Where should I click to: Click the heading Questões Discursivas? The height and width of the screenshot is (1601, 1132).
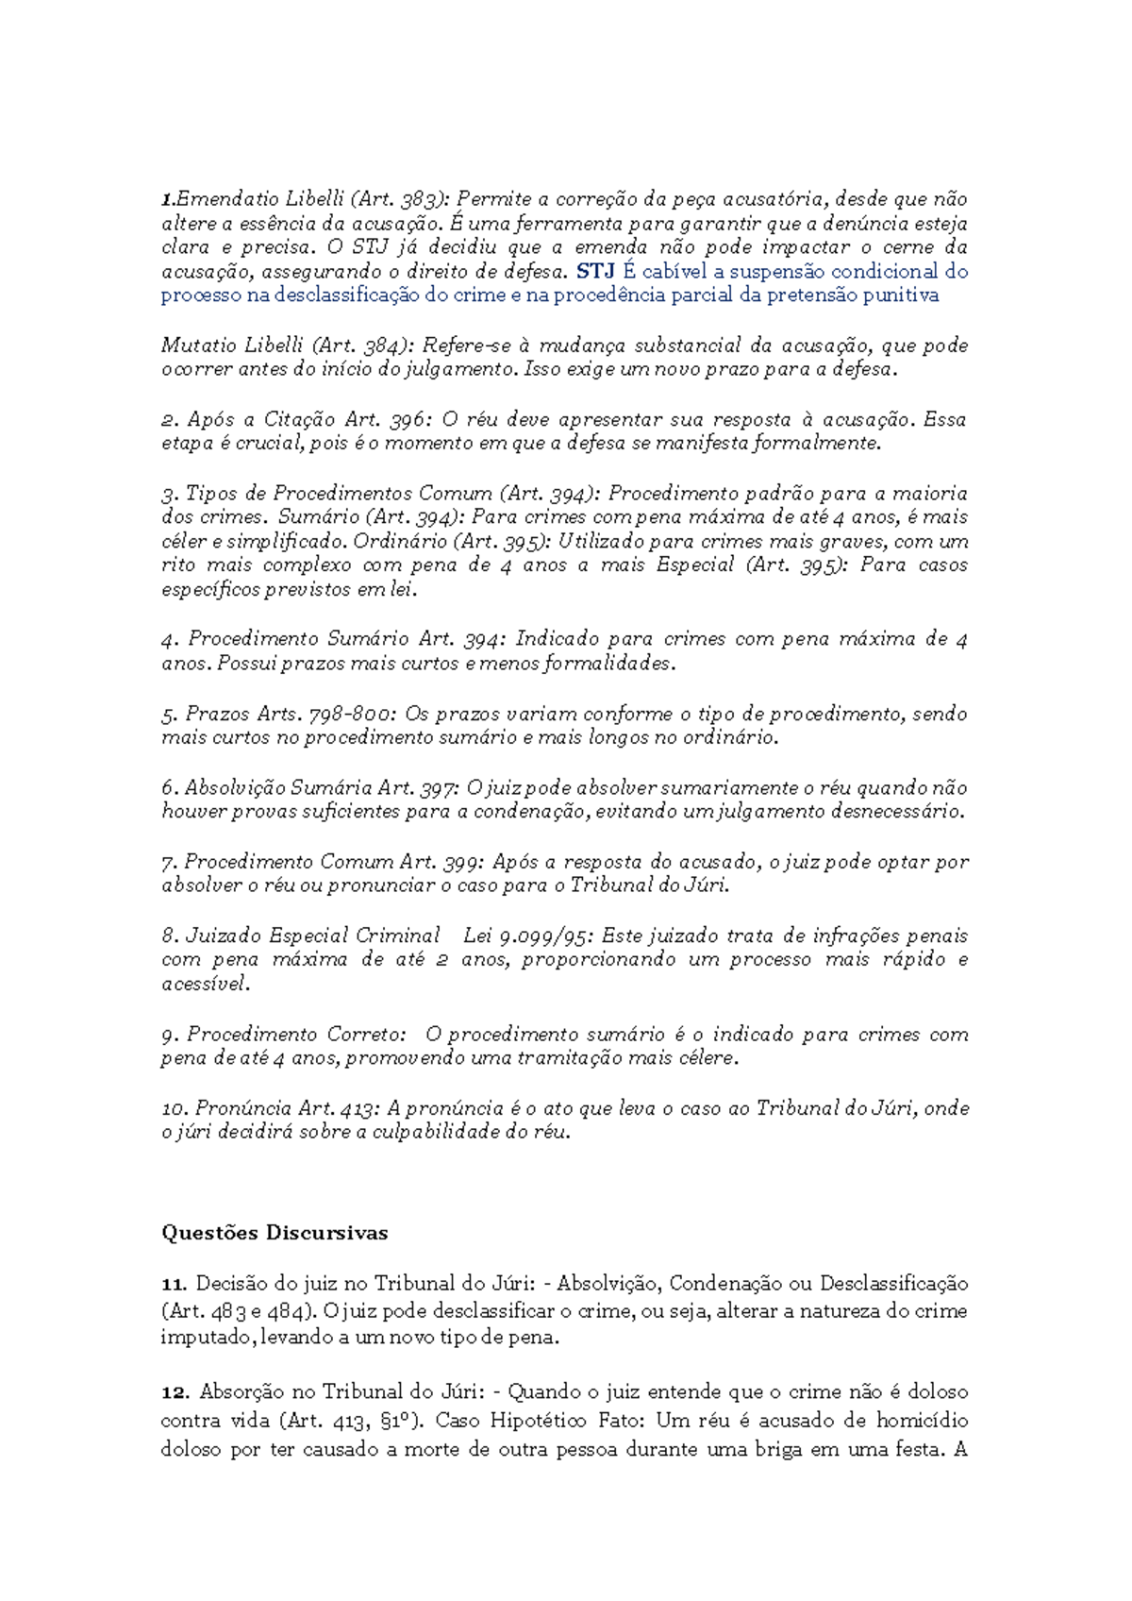pyautogui.click(x=274, y=1233)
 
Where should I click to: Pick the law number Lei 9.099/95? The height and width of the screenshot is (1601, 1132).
pyautogui.click(x=528, y=935)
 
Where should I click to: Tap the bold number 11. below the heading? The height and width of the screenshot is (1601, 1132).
pyautogui.click(x=175, y=1284)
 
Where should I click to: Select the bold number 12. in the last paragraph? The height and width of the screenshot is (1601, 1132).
pyautogui.click(x=175, y=1391)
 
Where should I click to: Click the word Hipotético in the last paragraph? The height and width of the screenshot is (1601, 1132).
pyautogui.click(x=541, y=1420)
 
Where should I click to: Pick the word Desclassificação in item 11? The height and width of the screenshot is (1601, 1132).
pyautogui.click(x=893, y=1284)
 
